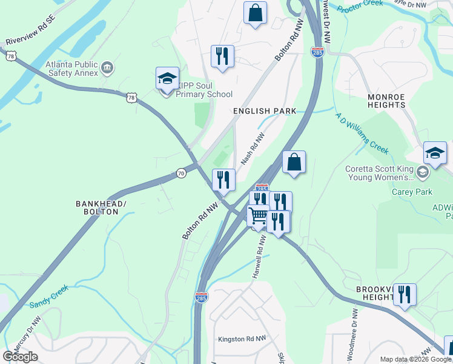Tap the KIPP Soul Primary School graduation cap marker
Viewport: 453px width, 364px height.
pyautogui.click(x=167, y=79)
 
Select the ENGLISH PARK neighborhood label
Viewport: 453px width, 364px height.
pyautogui.click(x=265, y=111)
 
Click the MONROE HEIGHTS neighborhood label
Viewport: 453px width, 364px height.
pyautogui.click(x=386, y=101)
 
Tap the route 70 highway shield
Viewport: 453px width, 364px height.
pyautogui.click(x=181, y=174)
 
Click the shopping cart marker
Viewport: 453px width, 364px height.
pyautogui.click(x=259, y=217)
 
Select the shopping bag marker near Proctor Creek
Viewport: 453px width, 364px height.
pyautogui.click(x=255, y=13)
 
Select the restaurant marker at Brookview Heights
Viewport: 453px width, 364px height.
pyautogui.click(x=405, y=295)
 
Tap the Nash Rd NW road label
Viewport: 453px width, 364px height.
pyautogui.click(x=253, y=150)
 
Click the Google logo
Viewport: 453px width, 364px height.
pyautogui.click(x=20, y=356)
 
